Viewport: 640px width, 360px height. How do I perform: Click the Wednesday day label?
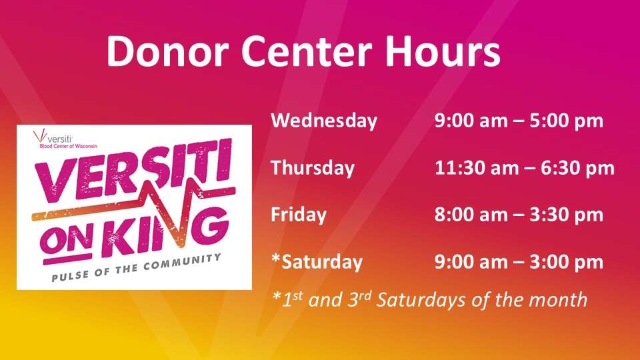324,121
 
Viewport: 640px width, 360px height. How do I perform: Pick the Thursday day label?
313,168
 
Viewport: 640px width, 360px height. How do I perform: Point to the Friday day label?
299,215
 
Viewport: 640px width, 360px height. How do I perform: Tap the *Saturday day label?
317,261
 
